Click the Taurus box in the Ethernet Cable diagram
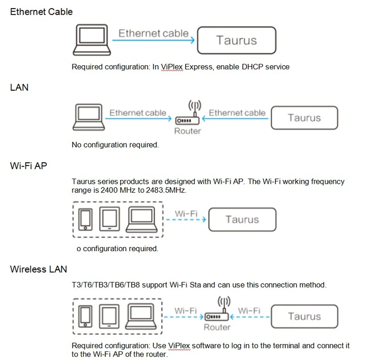pos(236,40)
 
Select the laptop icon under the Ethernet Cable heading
pos(92,39)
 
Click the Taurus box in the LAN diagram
pos(304,118)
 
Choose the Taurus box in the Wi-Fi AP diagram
pos(242,219)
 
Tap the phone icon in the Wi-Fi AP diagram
pos(86,219)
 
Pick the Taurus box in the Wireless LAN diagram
pos(304,316)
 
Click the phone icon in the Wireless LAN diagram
pos(86,316)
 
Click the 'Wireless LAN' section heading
pos(38,269)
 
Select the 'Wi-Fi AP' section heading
pos(28,165)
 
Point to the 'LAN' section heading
pos(19,88)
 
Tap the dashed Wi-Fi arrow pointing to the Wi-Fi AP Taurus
pos(186,220)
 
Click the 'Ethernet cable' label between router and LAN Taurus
pos(237,113)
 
